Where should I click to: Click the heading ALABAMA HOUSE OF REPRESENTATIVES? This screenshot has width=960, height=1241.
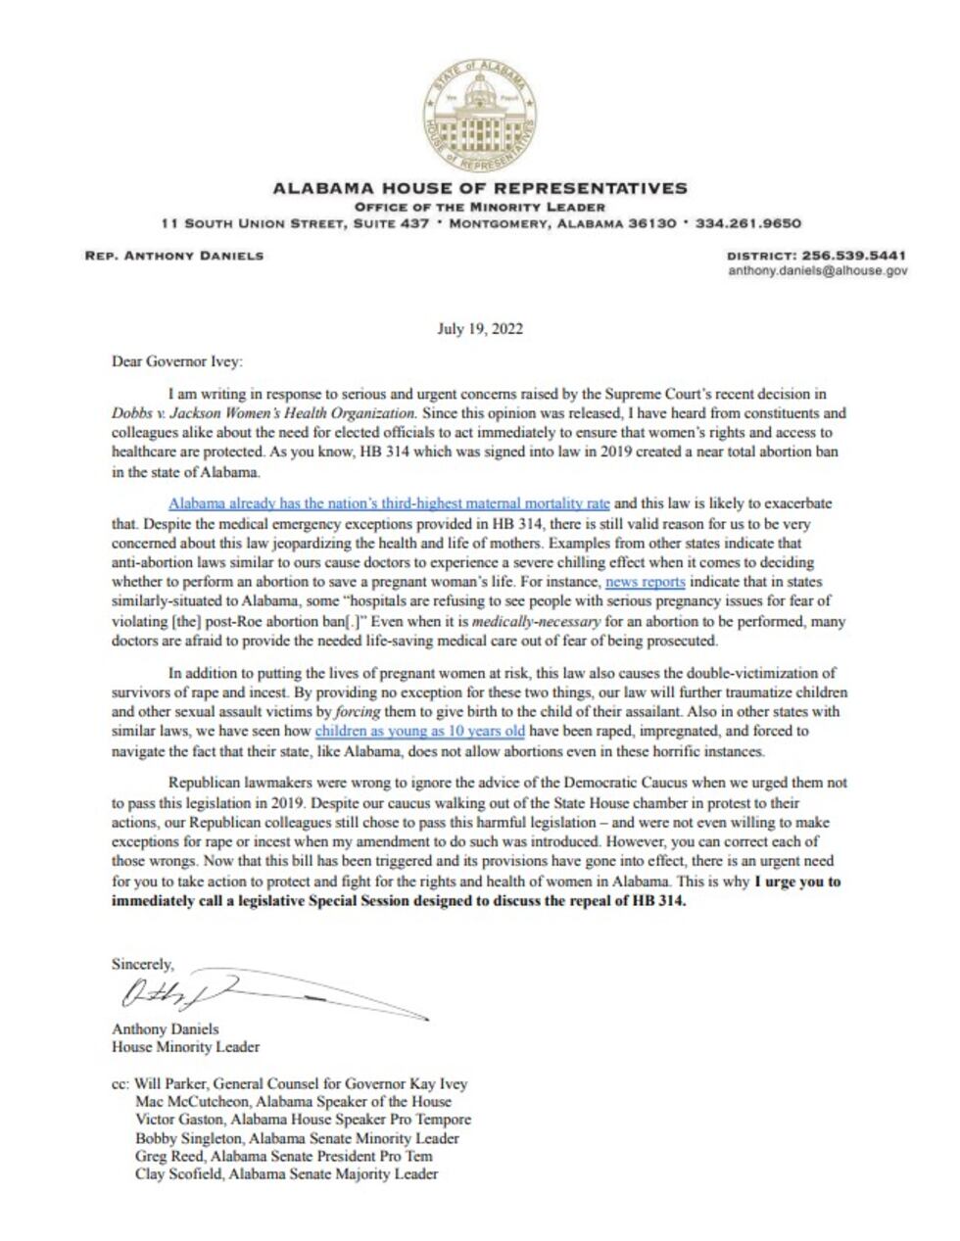pyautogui.click(x=479, y=188)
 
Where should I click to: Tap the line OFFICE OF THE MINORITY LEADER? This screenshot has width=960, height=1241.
pyautogui.click(x=479, y=207)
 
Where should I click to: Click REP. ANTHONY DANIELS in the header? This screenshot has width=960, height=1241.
pyautogui.click(x=173, y=256)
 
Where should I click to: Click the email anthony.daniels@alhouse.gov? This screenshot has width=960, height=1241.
pyautogui.click(x=817, y=270)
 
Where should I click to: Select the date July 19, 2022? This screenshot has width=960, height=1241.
pyautogui.click(x=479, y=329)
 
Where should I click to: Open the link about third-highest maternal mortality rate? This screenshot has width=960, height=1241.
pyautogui.click(x=389, y=503)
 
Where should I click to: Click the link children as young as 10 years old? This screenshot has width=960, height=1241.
pyautogui.click(x=419, y=731)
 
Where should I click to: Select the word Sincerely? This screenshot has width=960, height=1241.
pyautogui.click(x=142, y=964)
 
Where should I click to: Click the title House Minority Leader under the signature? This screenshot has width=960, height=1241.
pyautogui.click(x=185, y=1047)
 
